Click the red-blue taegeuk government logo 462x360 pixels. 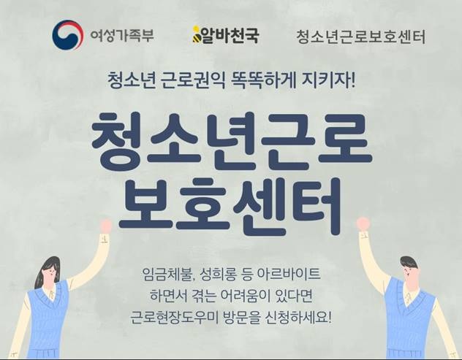pyautogui.click(x=67, y=35)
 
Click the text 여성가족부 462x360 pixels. pyautogui.click(x=122, y=36)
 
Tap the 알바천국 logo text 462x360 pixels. pyautogui.click(x=230, y=35)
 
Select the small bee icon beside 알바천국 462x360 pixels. pyautogui.click(x=196, y=35)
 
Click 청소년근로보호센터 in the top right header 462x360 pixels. pyautogui.click(x=361, y=37)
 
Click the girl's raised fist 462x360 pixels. pyautogui.click(x=105, y=226)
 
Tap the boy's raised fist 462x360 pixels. pyautogui.click(x=363, y=223)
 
